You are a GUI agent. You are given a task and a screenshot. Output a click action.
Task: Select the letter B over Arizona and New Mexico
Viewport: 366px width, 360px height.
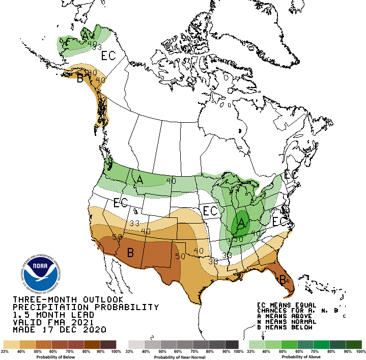pos(130,252)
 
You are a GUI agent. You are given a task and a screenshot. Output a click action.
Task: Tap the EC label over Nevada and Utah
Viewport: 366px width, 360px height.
pos(121,203)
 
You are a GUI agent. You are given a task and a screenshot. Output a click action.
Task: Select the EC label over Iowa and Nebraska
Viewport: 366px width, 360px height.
pos(210,210)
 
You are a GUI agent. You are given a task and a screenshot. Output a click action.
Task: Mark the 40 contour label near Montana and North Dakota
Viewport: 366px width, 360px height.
pos(171,180)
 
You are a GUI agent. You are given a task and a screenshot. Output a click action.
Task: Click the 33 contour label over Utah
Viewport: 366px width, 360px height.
pos(134,223)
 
